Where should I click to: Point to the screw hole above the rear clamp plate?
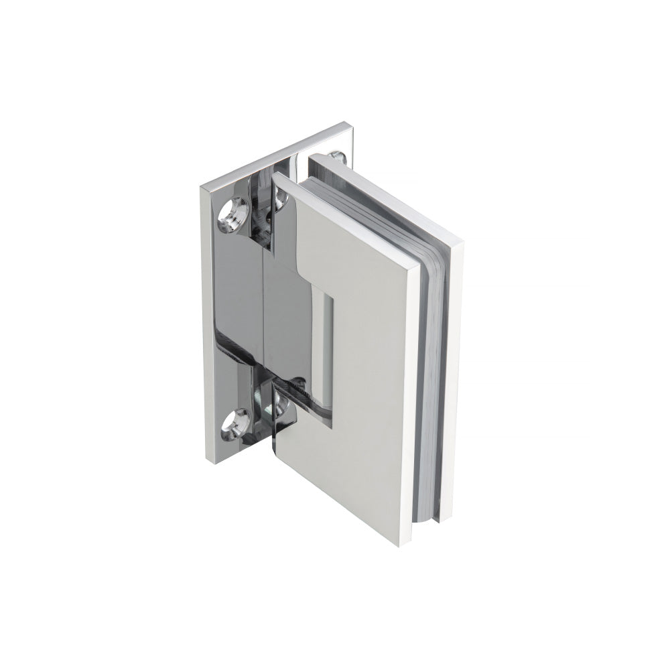click(342, 158)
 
